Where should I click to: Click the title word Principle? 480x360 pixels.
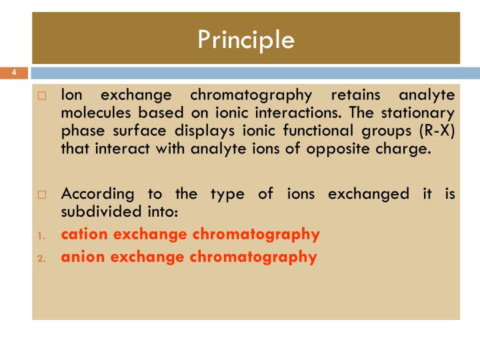point(246,40)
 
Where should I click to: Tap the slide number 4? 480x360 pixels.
point(14,72)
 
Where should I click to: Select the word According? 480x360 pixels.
point(97,194)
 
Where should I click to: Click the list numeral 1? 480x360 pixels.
point(41,235)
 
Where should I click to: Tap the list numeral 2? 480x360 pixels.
point(41,257)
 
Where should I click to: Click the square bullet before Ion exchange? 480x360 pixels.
point(41,96)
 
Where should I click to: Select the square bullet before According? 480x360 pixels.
point(41,195)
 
